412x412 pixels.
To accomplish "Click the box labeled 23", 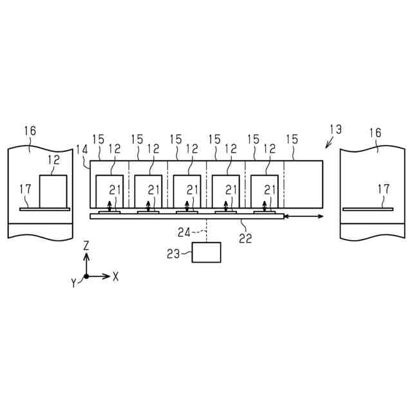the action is coord(206,252).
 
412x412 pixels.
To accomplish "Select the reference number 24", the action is coord(184,232).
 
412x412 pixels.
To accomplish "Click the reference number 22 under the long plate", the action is coord(245,238).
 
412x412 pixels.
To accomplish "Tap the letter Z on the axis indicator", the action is coord(86,246).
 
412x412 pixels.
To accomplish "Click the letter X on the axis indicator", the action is coord(116,276).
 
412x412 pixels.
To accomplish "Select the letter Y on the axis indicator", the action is coord(75,281).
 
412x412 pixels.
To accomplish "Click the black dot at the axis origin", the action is coord(86,276).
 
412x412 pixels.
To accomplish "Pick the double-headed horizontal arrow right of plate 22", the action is coord(303,218).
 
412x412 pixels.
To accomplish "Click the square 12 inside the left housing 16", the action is coord(53,191).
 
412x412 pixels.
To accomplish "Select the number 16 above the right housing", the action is coord(375,133).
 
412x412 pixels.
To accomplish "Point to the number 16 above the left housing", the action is coord(30,131).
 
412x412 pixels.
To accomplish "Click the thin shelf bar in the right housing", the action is coord(367,209).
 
